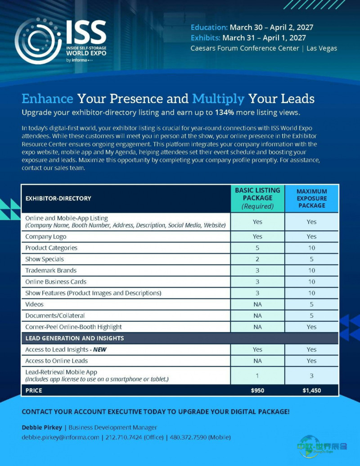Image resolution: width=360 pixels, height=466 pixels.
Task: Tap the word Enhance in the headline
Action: (48, 99)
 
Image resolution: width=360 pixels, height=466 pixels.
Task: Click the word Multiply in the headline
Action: (218, 99)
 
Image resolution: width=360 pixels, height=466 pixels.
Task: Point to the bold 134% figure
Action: (225, 112)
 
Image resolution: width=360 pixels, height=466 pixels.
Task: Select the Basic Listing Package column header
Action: (257, 198)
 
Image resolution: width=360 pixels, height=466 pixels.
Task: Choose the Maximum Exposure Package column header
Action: (311, 198)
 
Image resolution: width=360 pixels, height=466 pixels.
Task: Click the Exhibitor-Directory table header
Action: (58, 198)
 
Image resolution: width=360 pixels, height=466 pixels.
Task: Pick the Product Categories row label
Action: (51, 248)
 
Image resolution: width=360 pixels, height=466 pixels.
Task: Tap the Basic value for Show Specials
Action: (257, 259)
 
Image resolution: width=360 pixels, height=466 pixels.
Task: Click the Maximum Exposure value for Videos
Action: (311, 305)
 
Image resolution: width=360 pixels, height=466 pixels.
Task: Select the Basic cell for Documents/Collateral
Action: (257, 316)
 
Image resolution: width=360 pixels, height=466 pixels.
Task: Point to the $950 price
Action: (257, 390)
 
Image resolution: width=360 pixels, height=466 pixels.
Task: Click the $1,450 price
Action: (311, 390)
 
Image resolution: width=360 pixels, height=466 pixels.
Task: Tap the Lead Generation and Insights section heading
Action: (75, 338)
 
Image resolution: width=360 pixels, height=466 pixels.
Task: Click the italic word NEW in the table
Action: (100, 349)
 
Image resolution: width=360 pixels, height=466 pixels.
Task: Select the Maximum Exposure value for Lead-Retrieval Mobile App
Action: (311, 376)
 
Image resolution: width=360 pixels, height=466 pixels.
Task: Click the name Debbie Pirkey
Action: (42, 427)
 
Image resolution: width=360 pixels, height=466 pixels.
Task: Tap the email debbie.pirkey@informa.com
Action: (60, 438)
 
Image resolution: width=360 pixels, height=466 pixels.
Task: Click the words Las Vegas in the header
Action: (322, 48)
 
